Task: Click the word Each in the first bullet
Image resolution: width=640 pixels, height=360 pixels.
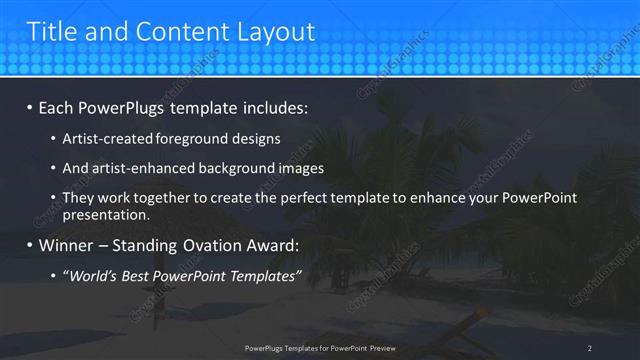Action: [58, 107]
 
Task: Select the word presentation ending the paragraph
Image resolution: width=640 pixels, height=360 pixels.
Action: [105, 215]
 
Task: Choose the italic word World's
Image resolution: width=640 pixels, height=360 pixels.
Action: [92, 275]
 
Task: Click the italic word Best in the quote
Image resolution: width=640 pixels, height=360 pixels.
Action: [139, 275]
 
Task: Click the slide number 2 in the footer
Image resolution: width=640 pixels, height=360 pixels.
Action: [590, 348]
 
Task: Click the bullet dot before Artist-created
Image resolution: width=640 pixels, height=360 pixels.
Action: [53, 139]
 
